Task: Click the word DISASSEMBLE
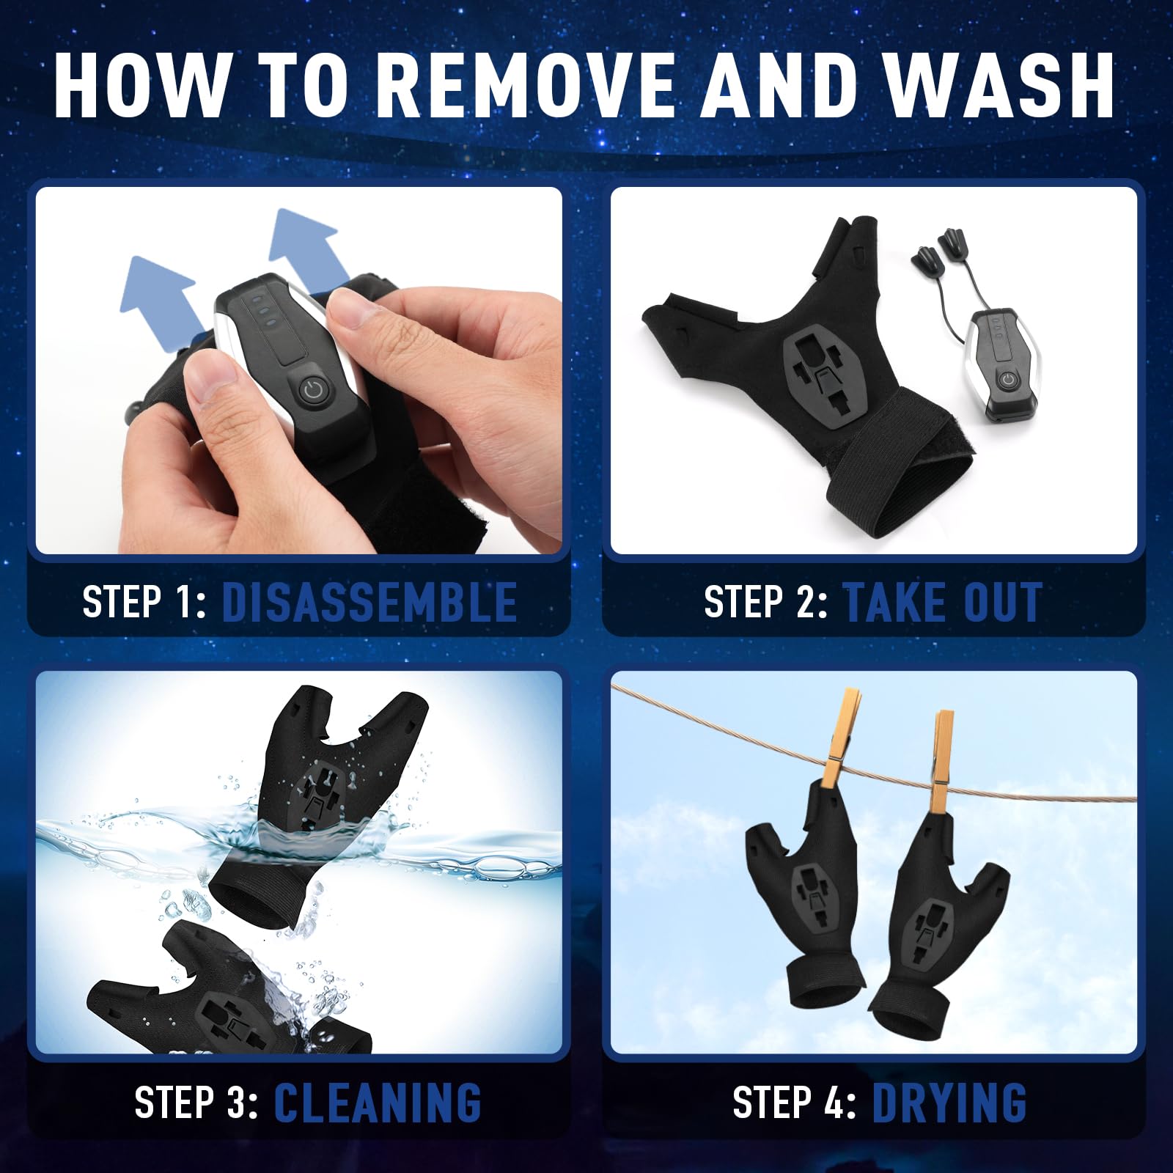[369, 603]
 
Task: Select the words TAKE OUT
[943, 603]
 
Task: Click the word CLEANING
[378, 1102]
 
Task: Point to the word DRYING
[949, 1102]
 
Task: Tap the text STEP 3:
[196, 1102]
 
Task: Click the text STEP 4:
[793, 1102]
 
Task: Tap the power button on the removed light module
[1009, 379]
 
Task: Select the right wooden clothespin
[943, 759]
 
